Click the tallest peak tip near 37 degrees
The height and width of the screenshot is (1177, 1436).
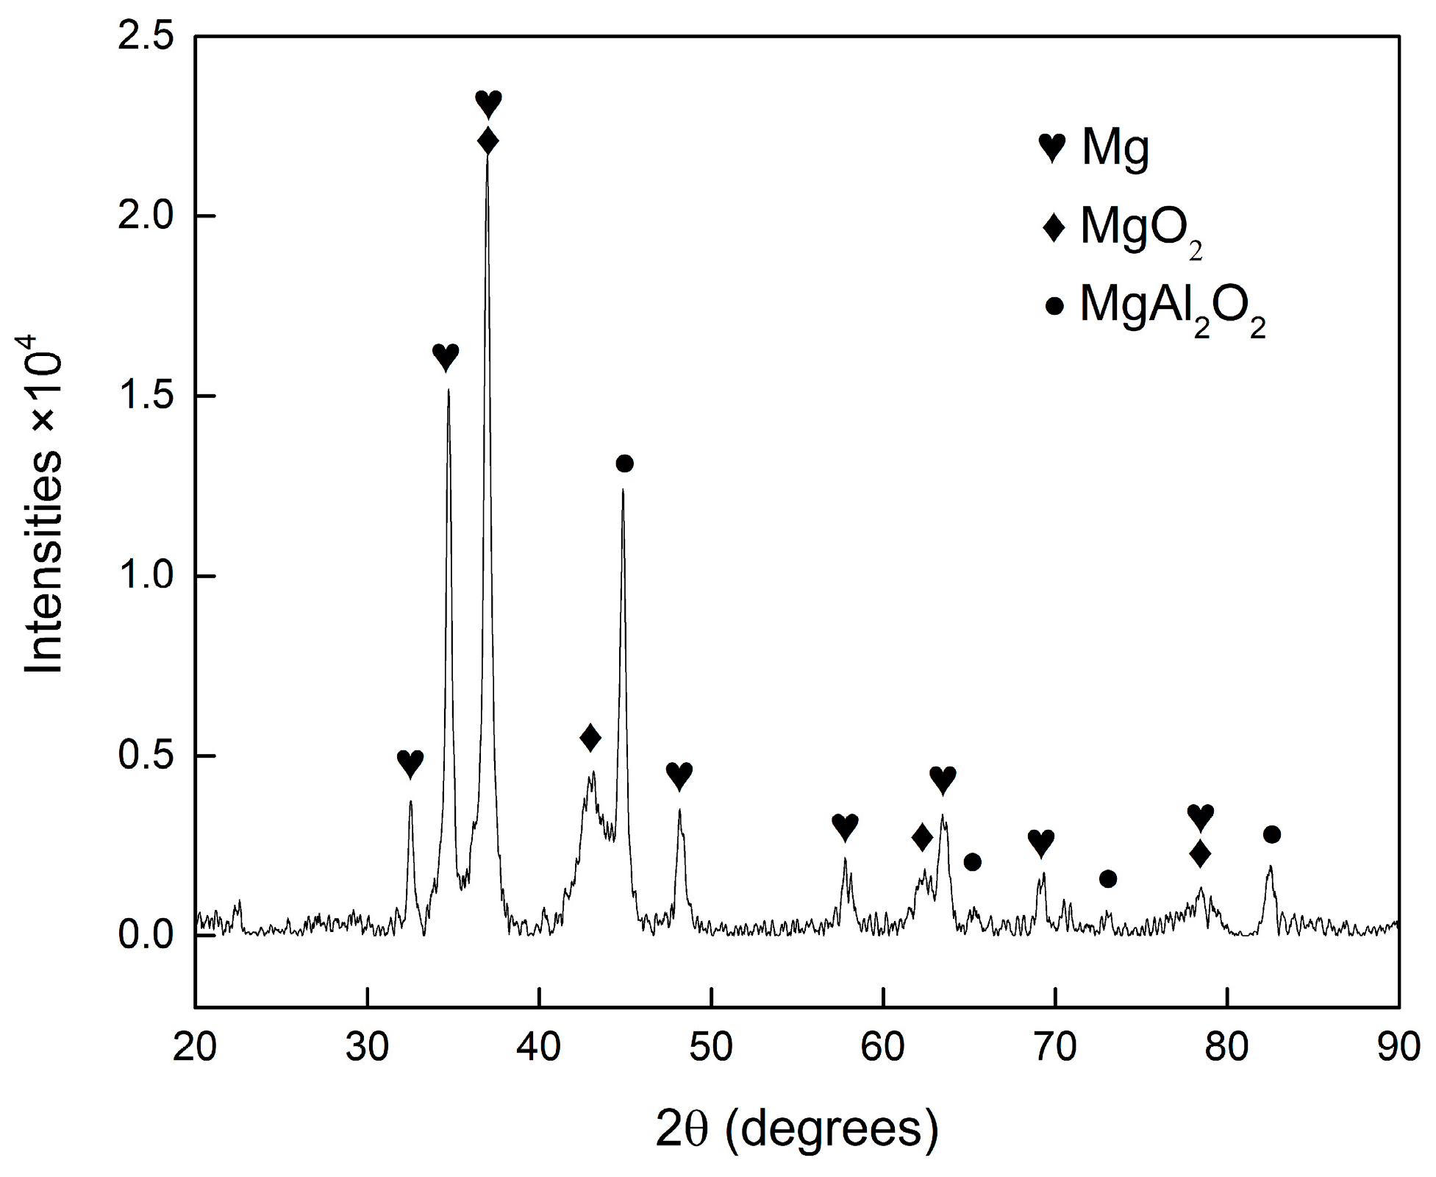(x=487, y=156)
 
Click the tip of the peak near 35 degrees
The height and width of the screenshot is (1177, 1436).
(x=448, y=390)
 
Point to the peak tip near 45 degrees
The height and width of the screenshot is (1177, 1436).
(x=623, y=489)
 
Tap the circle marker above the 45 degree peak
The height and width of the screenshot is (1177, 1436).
(x=624, y=463)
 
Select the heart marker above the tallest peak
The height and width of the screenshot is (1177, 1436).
(x=488, y=103)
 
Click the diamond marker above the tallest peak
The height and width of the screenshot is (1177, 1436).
(x=487, y=141)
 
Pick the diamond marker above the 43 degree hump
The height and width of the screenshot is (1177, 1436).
(x=590, y=737)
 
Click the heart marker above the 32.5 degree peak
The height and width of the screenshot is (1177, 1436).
(x=410, y=763)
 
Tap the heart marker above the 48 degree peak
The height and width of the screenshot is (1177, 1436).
(x=679, y=775)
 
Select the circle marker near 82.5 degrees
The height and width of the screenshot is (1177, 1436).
(x=1272, y=834)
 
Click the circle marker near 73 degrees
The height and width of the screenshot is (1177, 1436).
(x=1108, y=878)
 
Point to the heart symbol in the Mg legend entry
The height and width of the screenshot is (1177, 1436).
(x=1052, y=148)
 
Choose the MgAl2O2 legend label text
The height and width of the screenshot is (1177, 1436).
(x=1173, y=308)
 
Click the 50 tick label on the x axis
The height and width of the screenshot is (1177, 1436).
(x=711, y=1047)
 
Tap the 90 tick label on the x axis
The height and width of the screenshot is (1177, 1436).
(x=1398, y=1047)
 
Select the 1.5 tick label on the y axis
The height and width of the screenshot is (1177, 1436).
(x=145, y=397)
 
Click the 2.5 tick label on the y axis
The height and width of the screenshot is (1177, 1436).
(x=145, y=36)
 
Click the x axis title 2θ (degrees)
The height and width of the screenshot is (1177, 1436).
(x=797, y=1130)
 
